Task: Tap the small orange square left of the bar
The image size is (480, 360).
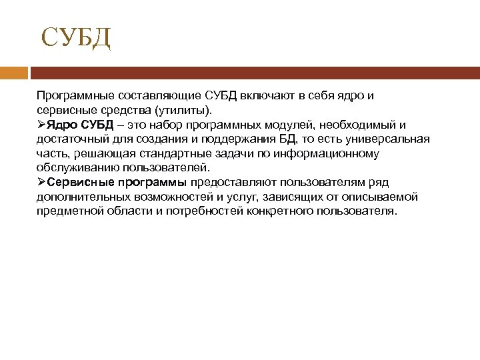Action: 13,73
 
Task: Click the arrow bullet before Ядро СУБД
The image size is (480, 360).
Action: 41,125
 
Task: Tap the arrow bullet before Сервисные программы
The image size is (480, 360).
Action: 41,183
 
